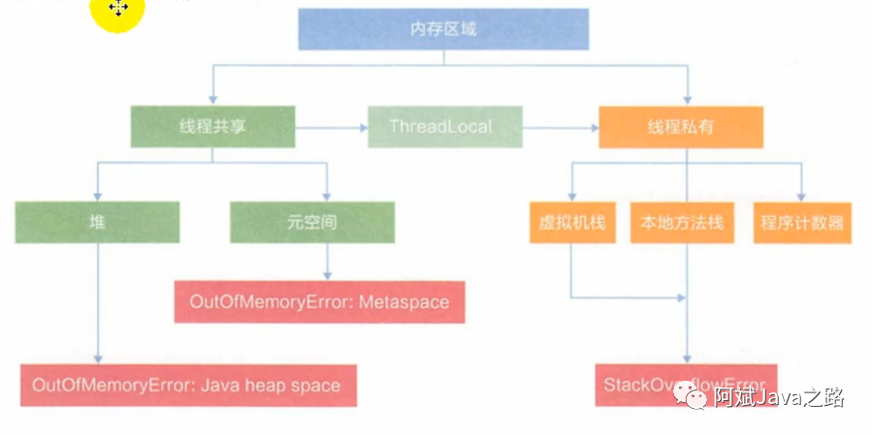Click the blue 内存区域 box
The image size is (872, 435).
point(443,29)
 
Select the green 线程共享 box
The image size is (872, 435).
point(212,127)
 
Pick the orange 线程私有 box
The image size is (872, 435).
point(679,127)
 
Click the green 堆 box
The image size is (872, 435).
point(97,222)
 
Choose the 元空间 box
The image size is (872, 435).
point(312,222)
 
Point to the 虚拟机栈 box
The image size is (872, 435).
point(572,223)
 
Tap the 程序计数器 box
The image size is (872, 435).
point(802,223)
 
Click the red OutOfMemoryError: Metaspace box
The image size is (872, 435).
point(319,302)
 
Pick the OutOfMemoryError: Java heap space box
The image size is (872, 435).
point(186,385)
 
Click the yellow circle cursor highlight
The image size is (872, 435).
point(117,11)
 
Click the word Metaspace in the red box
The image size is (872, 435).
point(404,302)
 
